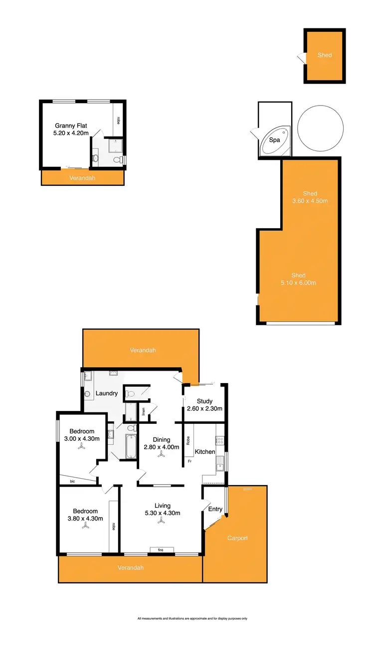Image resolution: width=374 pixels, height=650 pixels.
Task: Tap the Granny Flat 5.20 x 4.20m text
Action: click(71, 130)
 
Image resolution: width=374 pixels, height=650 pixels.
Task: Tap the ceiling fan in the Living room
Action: click(161, 521)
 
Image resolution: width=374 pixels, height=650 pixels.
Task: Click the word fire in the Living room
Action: click(161, 550)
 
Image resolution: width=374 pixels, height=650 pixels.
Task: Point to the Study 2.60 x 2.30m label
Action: click(204, 405)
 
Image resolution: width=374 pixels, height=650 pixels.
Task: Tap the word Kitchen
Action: click(205, 452)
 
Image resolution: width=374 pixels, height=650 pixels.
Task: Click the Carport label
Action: click(237, 538)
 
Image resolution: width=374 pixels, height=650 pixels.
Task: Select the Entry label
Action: click(215, 509)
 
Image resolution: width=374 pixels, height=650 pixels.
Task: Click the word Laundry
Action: click(107, 393)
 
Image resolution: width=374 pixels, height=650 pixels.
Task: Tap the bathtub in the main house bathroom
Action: click(131, 446)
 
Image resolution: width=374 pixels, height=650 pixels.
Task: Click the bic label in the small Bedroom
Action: click(72, 481)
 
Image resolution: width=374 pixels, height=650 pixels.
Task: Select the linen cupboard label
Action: click(144, 411)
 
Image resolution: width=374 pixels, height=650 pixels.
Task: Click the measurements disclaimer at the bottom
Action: click(192, 619)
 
